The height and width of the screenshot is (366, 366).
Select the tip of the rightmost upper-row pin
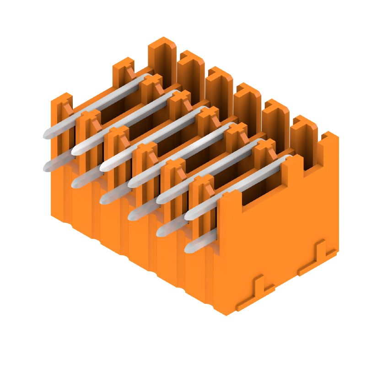pyautogui.click(x=188, y=215)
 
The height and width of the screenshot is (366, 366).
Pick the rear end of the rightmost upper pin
pyautogui.click(x=287, y=158)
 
